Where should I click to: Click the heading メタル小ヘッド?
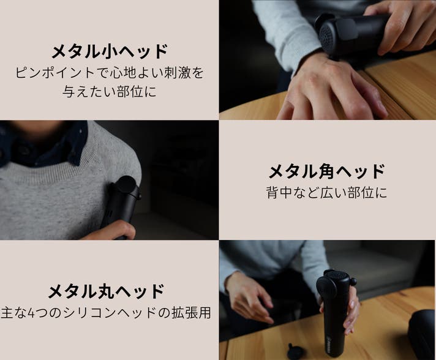pyautogui.click(x=110, y=51)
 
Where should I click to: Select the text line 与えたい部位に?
pyautogui.click(x=110, y=91)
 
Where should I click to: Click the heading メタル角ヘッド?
pyautogui.click(x=327, y=171)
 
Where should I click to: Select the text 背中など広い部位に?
pyautogui.click(x=327, y=192)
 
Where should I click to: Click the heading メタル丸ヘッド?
pyautogui.click(x=107, y=291)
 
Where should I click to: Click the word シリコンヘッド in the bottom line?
pyautogui.click(x=109, y=313)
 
